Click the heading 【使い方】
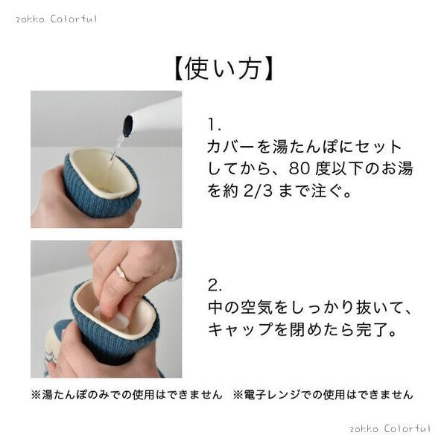(x=223, y=69)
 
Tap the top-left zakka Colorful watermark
(x=56, y=19)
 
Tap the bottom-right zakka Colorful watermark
(x=390, y=428)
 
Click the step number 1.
(x=214, y=124)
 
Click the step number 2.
(x=215, y=285)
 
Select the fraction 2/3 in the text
(x=259, y=191)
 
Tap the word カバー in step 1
(x=230, y=147)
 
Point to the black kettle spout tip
(x=127, y=125)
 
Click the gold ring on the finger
(x=125, y=274)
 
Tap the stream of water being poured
(x=117, y=148)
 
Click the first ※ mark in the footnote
(x=37, y=395)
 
